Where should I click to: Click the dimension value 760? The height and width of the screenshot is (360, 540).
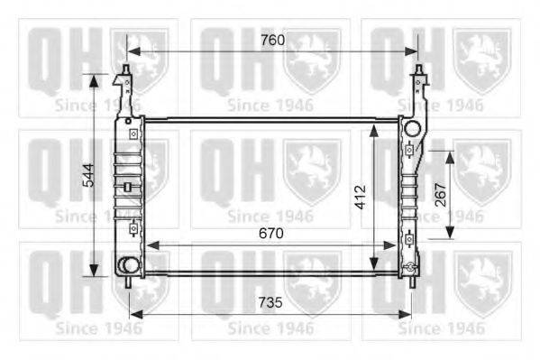(x=272, y=40)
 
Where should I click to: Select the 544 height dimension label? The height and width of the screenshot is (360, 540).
(x=89, y=175)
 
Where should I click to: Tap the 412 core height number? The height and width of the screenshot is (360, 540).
(x=361, y=198)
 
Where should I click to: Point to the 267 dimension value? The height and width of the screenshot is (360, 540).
(x=441, y=195)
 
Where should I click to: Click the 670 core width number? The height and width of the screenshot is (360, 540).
(x=271, y=234)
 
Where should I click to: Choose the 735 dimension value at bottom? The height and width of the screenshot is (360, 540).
(x=270, y=302)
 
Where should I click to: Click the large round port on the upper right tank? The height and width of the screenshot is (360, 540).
(x=413, y=129)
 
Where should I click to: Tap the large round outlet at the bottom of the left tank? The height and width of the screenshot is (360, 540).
(x=128, y=265)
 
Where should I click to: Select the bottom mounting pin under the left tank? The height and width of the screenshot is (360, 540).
(x=128, y=282)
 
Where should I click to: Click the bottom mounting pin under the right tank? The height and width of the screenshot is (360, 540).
(x=412, y=282)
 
